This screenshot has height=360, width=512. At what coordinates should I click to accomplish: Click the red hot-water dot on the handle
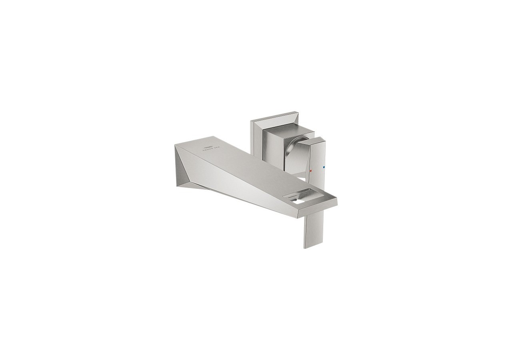[x=311, y=170]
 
